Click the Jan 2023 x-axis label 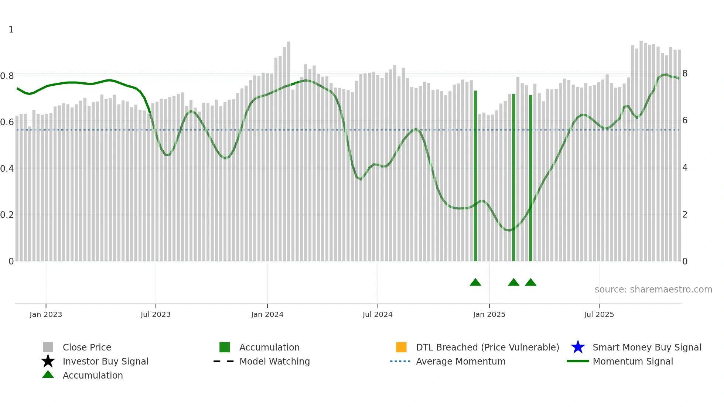[46, 315]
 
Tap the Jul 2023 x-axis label [156, 315]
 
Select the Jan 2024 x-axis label [267, 315]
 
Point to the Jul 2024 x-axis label [378, 315]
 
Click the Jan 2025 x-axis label [489, 315]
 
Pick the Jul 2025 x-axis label [599, 315]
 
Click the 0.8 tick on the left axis [7, 76]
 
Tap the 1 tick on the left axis [11, 30]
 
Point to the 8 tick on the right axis [685, 73]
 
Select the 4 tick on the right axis [685, 168]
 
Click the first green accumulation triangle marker [475, 283]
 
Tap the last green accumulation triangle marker [530, 283]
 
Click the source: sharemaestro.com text [653, 290]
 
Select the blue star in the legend [578, 347]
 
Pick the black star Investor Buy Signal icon [48, 361]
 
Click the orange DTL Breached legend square [401, 347]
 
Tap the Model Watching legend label [274, 361]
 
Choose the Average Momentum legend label [461, 361]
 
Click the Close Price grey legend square [48, 347]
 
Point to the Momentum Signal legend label [633, 361]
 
